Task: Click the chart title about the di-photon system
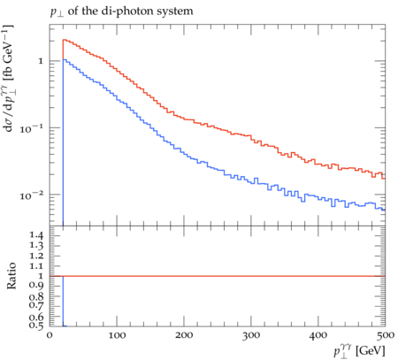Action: point(121,11)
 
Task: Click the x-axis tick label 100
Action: point(117,335)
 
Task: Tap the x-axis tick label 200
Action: point(184,335)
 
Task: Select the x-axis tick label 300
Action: point(251,335)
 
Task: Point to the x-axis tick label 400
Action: point(318,335)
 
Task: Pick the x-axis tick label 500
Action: point(386,335)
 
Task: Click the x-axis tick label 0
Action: point(50,335)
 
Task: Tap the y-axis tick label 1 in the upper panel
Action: point(41,61)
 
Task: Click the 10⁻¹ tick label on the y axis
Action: point(32,128)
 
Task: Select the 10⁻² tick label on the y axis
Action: point(32,195)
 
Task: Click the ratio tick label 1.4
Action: point(36,235)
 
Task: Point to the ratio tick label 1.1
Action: point(36,266)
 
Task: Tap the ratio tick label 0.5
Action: point(36,326)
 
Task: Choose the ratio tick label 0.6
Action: point(36,318)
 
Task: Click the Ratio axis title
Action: point(11,276)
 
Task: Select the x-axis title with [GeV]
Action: point(359,351)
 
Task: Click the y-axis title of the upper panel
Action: point(8,78)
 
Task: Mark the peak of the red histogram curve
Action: point(64,40)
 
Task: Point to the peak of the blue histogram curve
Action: point(64,59)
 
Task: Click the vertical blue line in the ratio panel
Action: point(63,301)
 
